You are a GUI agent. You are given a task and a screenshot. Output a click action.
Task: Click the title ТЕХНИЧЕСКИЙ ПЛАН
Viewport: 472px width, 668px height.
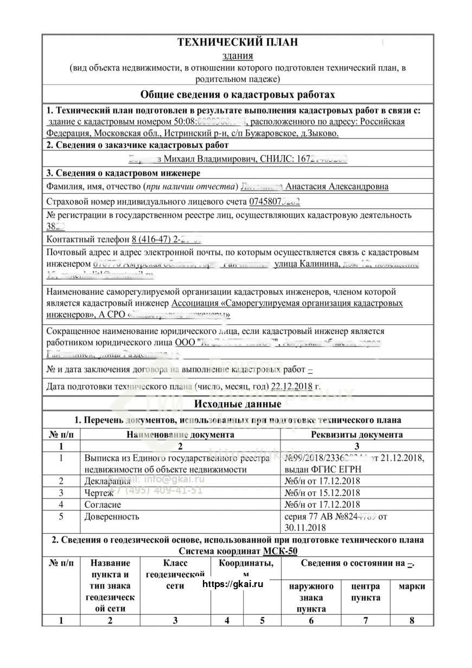point(238,43)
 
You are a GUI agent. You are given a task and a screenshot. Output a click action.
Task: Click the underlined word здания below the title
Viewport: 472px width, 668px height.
point(238,56)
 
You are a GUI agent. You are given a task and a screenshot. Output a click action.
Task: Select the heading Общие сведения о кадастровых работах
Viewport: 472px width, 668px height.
point(238,95)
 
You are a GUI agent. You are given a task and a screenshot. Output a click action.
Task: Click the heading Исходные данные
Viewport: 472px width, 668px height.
point(238,405)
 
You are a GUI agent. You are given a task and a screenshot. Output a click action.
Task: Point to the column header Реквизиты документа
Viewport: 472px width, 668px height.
point(356,434)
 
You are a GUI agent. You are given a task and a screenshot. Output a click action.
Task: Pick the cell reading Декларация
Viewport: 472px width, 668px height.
point(107,481)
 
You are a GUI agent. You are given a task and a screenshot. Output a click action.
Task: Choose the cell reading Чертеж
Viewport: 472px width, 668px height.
point(99,493)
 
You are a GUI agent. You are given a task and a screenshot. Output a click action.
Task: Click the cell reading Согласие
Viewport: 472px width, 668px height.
point(103,505)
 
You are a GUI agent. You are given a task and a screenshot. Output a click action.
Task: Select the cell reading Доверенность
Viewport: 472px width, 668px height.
point(112,516)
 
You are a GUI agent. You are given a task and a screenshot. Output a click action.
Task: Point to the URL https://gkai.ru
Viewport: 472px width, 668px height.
point(233,584)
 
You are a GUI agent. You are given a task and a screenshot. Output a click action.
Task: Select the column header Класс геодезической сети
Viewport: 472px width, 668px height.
point(175,575)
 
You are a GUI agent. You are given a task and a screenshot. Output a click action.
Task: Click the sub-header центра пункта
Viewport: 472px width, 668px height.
point(366,592)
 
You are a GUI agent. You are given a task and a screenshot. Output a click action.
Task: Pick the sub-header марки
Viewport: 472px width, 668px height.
point(412,587)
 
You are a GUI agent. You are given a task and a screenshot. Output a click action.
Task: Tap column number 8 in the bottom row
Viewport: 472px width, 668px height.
point(412,621)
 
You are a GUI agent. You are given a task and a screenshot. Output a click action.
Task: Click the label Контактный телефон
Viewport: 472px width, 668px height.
point(88,240)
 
